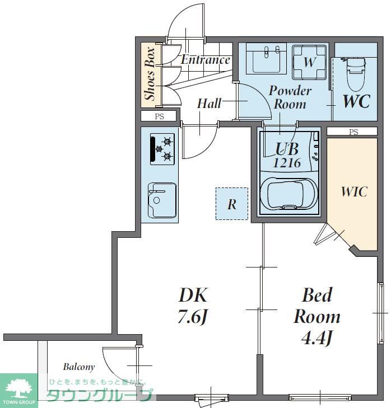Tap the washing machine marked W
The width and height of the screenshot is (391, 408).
point(309,62)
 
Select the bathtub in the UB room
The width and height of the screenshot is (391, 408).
point(289,194)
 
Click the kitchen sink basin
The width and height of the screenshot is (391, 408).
point(162,200)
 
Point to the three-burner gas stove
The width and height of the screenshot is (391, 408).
point(162,149)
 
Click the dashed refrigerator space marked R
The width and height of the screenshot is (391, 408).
point(232,204)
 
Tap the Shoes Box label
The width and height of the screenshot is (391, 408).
point(150,74)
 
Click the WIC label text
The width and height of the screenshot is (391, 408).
point(354,191)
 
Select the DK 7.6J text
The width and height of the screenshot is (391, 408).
point(193,306)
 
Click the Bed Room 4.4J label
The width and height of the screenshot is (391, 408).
point(317,316)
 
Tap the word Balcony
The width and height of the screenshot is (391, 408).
point(78,367)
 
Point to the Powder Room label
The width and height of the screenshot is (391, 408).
point(290,97)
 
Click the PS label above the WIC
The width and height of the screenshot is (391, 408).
point(353,132)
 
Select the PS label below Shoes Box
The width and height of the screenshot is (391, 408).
point(160,116)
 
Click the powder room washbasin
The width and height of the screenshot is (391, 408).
point(266,59)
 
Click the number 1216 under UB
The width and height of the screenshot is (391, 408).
point(287,163)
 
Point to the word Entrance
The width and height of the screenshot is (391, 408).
point(206,59)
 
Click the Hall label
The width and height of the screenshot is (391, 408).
point(209,104)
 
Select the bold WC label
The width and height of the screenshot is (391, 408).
point(357,101)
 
